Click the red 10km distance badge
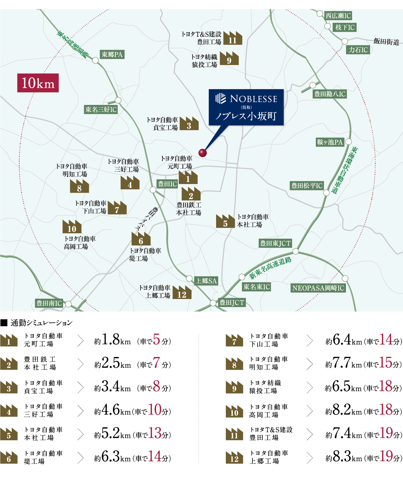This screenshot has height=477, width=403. pyautogui.click(x=38, y=83)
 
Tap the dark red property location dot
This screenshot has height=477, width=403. pyautogui.click(x=202, y=153)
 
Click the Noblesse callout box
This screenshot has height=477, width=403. pyautogui.click(x=246, y=107)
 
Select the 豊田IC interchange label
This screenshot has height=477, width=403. pyautogui.click(x=167, y=184)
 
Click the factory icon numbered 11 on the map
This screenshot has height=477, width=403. pyautogui.click(x=233, y=39)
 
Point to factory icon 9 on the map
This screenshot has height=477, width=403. pyautogui.click(x=229, y=59)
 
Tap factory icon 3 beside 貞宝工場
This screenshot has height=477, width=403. pyautogui.click(x=189, y=124)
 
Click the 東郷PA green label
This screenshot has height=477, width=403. pyautogui.click(x=112, y=54)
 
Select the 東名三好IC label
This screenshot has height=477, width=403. pyautogui.click(x=101, y=109)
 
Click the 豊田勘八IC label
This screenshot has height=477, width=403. pyautogui.click(x=330, y=94)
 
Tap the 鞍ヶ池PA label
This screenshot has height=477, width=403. pyautogui.click(x=330, y=142)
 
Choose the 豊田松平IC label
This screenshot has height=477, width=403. pyautogui.click(x=307, y=185)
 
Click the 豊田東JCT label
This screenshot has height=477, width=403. pyautogui.click(x=275, y=243)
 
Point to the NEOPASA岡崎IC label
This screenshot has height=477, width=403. pyautogui.click(x=318, y=288)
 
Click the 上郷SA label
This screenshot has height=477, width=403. pyautogui.click(x=206, y=281)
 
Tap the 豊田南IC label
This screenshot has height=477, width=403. pyautogui.click(x=49, y=303)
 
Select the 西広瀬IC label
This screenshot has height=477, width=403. pyautogui.click(x=338, y=15)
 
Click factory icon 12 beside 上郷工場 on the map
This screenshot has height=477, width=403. pyautogui.click(x=182, y=293)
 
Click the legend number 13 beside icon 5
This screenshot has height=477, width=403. pyautogui.click(x=155, y=433)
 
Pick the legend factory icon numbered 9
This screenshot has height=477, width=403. pyautogui.click(x=234, y=387)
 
